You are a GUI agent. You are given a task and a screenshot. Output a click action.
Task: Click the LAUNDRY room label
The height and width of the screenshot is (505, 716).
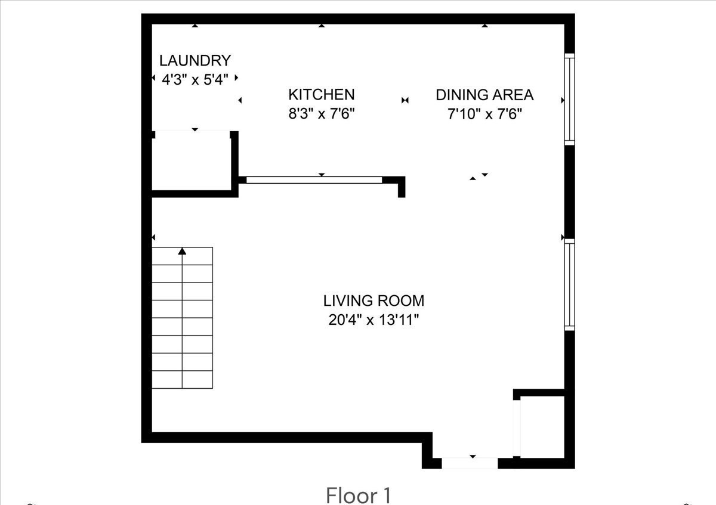[x=195, y=60]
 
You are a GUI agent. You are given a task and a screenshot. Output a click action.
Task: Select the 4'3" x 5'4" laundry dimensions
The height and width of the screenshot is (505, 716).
[x=195, y=79]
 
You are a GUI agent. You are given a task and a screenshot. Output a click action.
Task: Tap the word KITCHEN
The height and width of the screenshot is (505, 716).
[x=321, y=94]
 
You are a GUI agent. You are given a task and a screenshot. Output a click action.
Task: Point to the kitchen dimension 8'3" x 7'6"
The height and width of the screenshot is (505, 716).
[x=322, y=114]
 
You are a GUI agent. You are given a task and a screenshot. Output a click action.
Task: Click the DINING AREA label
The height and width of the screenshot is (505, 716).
[x=484, y=94]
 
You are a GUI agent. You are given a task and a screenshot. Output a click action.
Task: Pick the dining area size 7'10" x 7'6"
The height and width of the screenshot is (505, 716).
[x=484, y=114]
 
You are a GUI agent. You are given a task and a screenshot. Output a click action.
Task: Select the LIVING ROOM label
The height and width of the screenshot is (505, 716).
[x=374, y=300]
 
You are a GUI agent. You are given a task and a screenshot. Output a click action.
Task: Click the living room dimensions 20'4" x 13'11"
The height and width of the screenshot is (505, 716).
[x=374, y=320]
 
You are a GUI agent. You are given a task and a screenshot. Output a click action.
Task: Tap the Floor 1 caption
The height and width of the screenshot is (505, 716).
[x=359, y=495]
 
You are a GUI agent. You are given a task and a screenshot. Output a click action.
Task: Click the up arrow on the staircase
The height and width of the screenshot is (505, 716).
[x=182, y=252]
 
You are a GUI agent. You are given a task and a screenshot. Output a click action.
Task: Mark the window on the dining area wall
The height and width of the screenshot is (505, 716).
[x=569, y=99]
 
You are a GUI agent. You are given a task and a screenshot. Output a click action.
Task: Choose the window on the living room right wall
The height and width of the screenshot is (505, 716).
[x=569, y=284]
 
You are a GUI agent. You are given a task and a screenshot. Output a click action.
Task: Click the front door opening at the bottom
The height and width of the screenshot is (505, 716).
[x=470, y=463]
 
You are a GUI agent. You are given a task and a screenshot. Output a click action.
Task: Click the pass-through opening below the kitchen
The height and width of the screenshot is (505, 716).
[x=314, y=179]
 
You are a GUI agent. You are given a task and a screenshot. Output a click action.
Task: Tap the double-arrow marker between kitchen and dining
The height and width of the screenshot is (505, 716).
[x=405, y=100]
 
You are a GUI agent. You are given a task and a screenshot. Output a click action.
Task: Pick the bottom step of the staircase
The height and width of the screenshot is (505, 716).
[x=182, y=379]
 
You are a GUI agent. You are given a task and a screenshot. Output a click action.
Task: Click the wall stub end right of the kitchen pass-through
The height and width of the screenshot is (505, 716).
[x=402, y=190]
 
